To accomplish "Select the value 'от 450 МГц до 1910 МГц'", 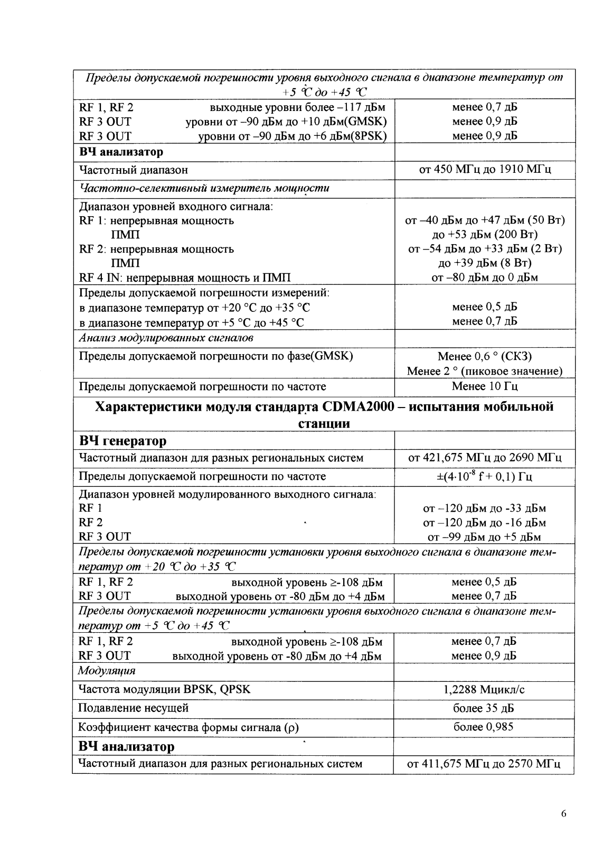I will (484, 170).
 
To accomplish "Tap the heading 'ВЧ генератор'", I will (123, 441).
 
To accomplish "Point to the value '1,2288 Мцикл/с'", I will (484, 690).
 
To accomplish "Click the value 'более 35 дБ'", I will (484, 708).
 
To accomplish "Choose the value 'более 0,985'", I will (484, 727).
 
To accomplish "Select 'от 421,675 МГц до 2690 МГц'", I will (484, 458).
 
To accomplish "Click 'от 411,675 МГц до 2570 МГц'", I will (484, 764).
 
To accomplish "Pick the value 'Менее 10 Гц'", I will (484, 386).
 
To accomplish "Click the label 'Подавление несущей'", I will (133, 708).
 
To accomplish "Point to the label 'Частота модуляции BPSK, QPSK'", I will (164, 690).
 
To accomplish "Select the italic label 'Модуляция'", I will (106, 671).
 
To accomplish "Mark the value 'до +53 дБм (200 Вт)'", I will (484, 234).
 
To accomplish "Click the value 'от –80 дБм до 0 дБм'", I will (484, 277).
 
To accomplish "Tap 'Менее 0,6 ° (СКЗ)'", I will (484, 356).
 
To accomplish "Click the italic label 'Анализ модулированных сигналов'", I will (166, 338).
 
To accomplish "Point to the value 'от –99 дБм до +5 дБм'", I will (484, 538).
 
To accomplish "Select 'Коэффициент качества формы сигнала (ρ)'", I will (189, 728).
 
